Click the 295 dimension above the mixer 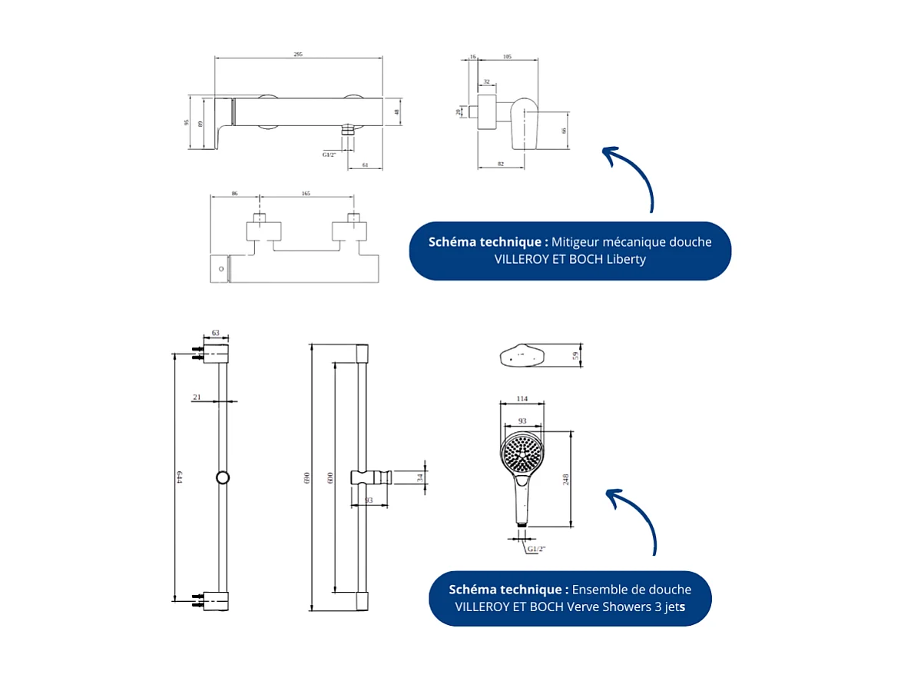click(x=298, y=55)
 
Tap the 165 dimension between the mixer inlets click(x=306, y=194)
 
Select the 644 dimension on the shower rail click(x=179, y=477)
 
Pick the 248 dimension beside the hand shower click(x=566, y=479)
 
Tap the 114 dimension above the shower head click(x=522, y=398)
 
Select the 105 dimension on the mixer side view click(x=507, y=57)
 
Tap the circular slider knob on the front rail click(x=223, y=477)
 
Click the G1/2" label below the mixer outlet click(x=329, y=155)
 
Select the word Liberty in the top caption click(x=626, y=259)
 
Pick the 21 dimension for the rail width click(x=197, y=397)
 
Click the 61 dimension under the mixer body click(x=365, y=164)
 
